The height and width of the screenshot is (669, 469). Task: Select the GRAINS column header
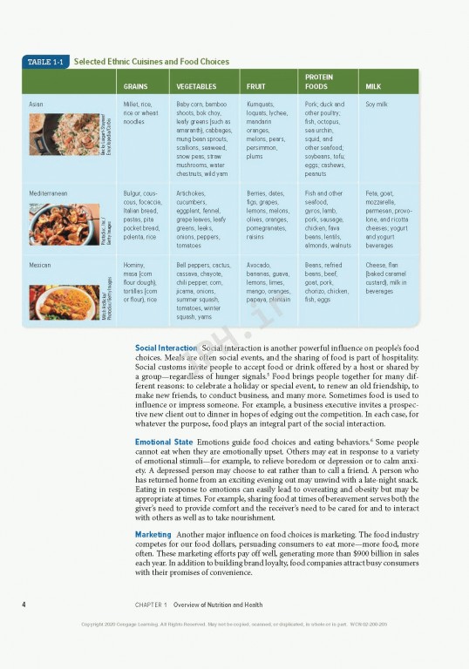point(135,87)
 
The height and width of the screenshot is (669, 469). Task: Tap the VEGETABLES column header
point(196,87)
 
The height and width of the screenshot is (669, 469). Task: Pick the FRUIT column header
point(255,87)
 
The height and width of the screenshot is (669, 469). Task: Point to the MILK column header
point(373,87)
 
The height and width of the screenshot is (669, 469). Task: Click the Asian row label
point(36,104)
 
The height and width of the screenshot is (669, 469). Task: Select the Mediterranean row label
point(48,193)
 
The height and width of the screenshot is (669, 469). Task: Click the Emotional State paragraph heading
point(164,443)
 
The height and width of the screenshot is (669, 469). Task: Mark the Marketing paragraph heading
point(153,533)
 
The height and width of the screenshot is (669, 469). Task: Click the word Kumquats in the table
point(260,104)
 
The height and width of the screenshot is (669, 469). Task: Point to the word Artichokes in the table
point(193,193)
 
